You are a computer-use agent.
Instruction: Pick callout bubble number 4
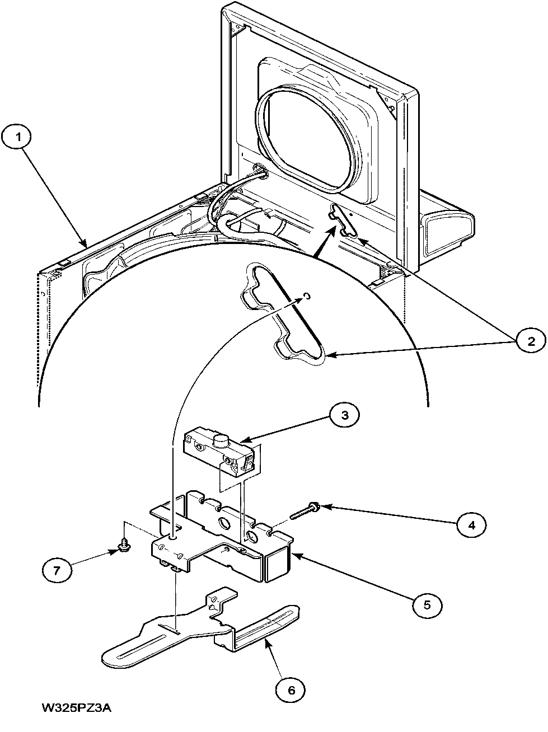[x=471, y=524]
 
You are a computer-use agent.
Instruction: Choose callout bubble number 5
[x=427, y=604]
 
